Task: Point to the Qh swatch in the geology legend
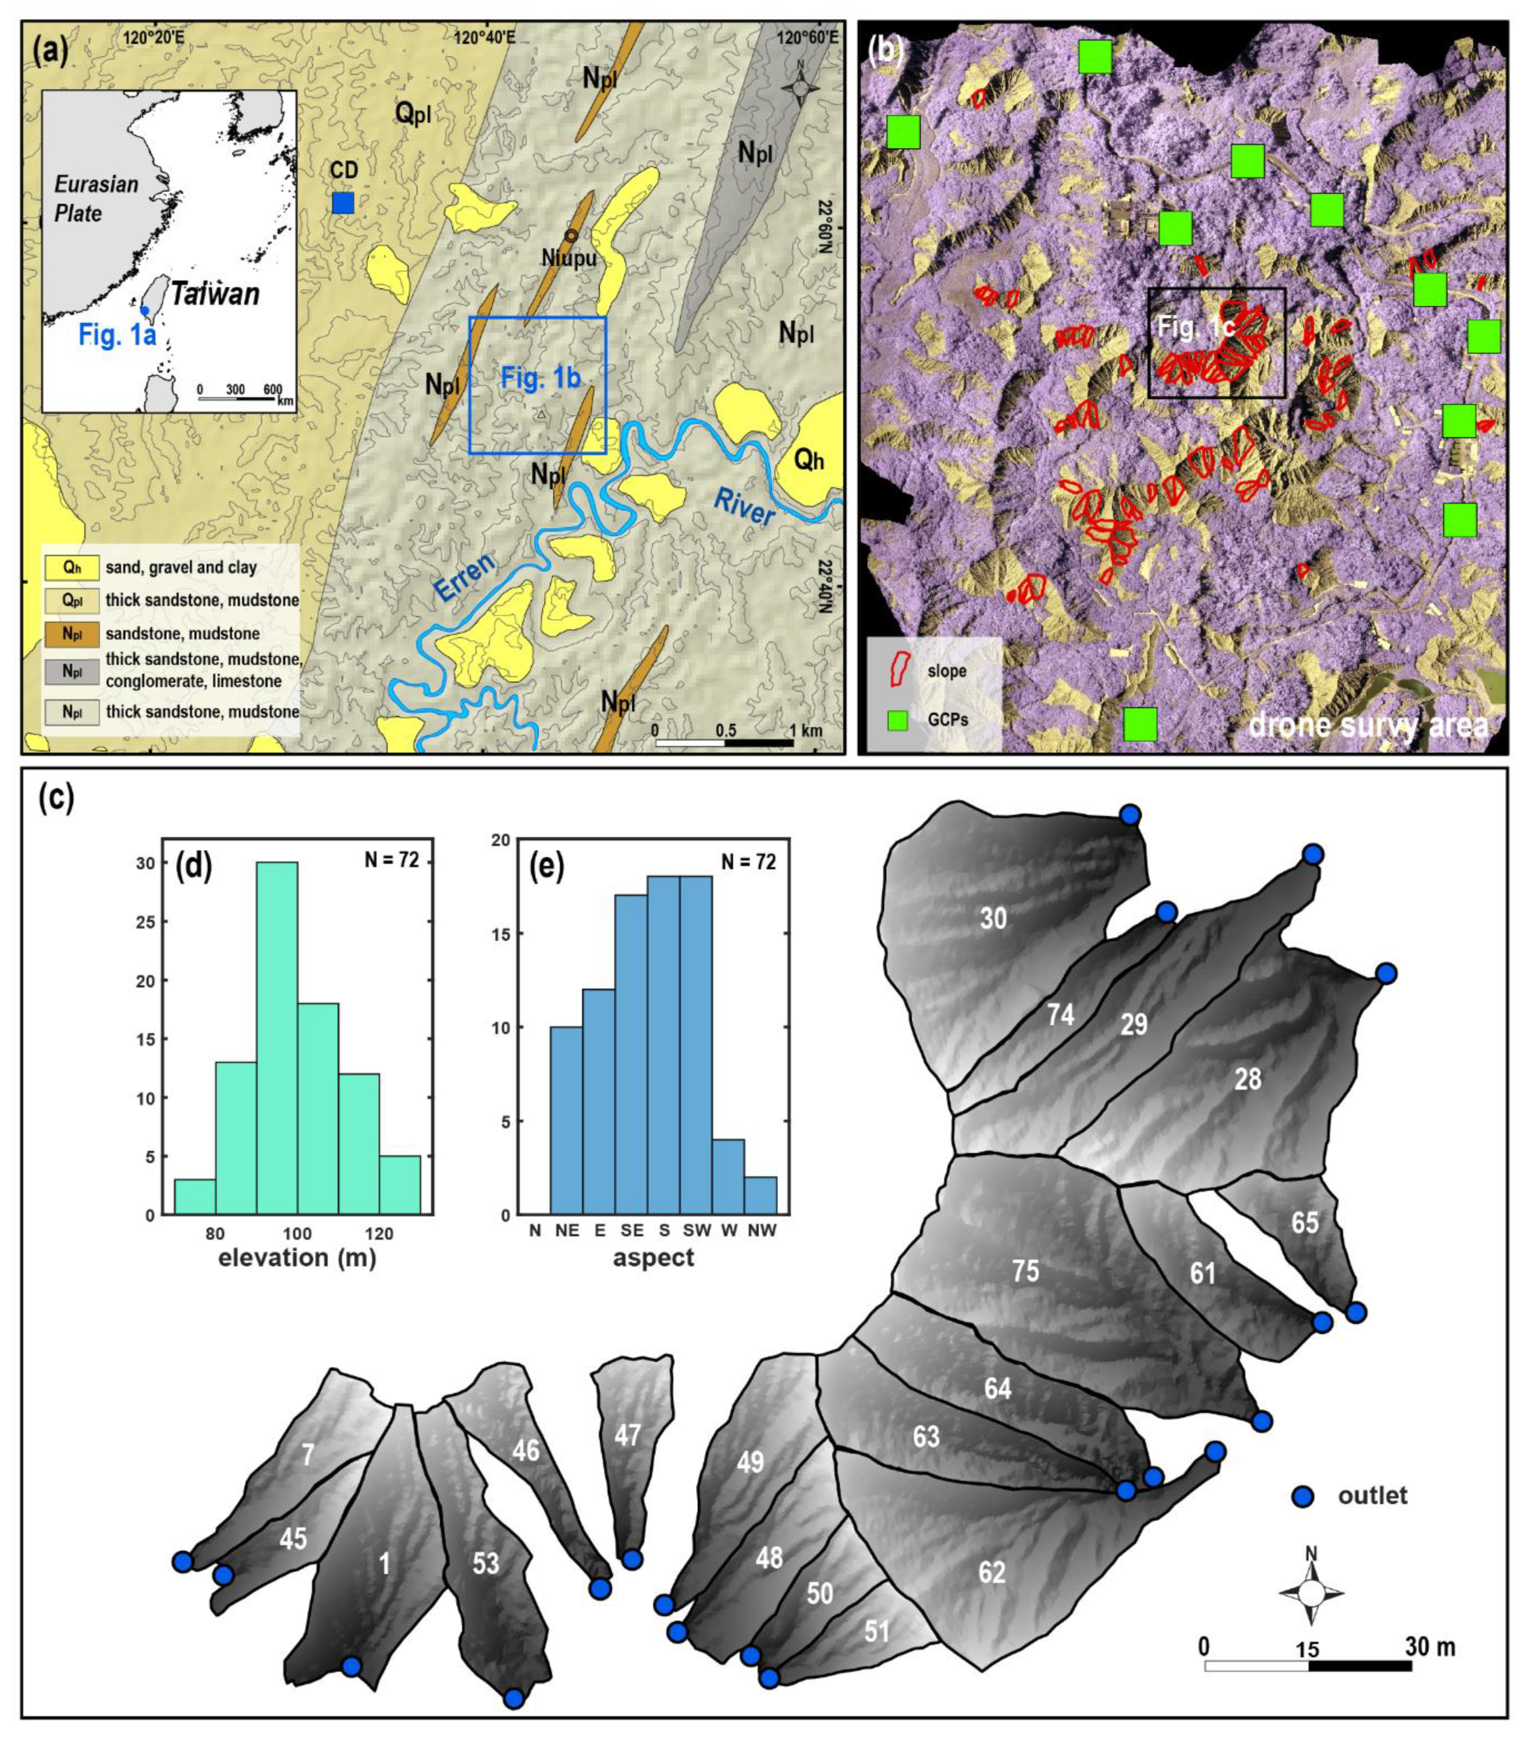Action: coord(72,567)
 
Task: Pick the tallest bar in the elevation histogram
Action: coord(276,1037)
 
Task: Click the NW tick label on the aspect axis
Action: coord(761,1230)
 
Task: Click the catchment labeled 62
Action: coord(991,1571)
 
